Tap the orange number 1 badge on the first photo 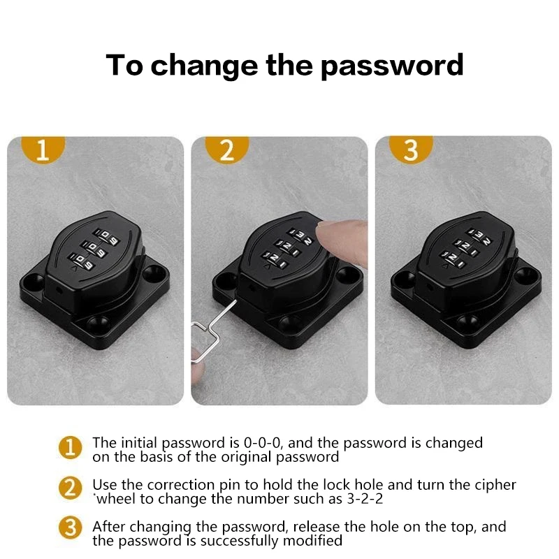click(43, 150)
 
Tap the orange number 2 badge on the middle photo click(227, 150)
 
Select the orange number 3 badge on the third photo click(411, 150)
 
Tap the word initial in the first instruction click(138, 443)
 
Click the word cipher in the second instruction click(497, 485)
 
